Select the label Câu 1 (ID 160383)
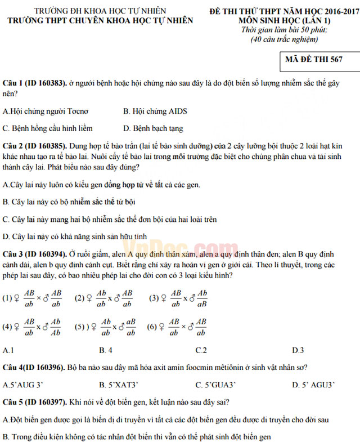(34, 83)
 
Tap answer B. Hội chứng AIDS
(155, 111)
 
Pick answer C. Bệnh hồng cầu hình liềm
(48, 128)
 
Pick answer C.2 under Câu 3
(201, 350)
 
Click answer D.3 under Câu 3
(298, 350)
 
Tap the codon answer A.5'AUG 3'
(23, 385)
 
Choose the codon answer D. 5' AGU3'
(313, 385)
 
